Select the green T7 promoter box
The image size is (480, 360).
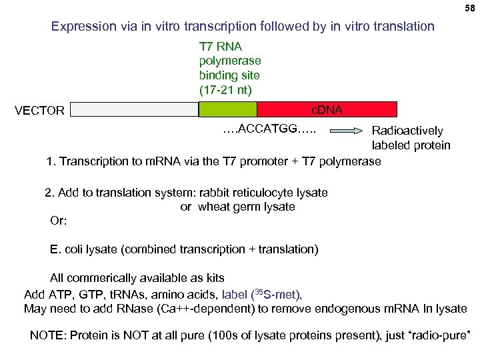click(x=227, y=109)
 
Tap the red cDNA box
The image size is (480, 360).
click(x=327, y=109)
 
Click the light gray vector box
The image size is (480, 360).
click(x=134, y=109)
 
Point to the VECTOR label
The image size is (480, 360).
click(x=40, y=110)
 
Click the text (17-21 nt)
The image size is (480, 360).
click(x=226, y=89)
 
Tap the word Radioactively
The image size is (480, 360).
click(x=407, y=131)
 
